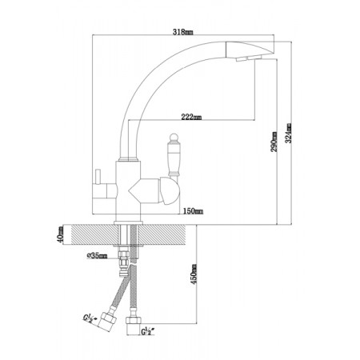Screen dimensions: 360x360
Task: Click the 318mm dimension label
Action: coord(183,32)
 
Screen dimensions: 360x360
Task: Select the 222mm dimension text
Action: coord(191,117)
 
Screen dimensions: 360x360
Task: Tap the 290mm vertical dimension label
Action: coord(274,142)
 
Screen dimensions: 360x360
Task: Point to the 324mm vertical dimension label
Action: coord(288,133)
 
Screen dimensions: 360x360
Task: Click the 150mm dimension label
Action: coord(193,211)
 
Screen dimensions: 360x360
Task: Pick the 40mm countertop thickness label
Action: coord(60,234)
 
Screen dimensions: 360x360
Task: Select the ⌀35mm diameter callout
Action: coord(97,255)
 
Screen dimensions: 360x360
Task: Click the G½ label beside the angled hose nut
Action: coord(90,318)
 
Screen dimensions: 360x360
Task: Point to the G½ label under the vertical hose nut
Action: coord(148,331)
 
